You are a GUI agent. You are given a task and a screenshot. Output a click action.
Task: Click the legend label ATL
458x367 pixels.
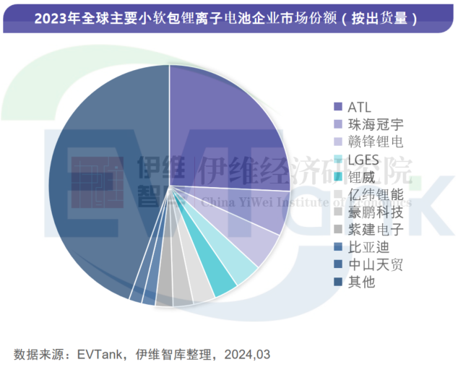[x=359, y=107]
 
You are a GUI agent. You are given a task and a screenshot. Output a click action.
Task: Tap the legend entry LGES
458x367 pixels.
[x=363, y=160]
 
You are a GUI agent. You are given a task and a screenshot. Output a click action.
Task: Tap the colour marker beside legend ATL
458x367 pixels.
[x=337, y=107]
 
